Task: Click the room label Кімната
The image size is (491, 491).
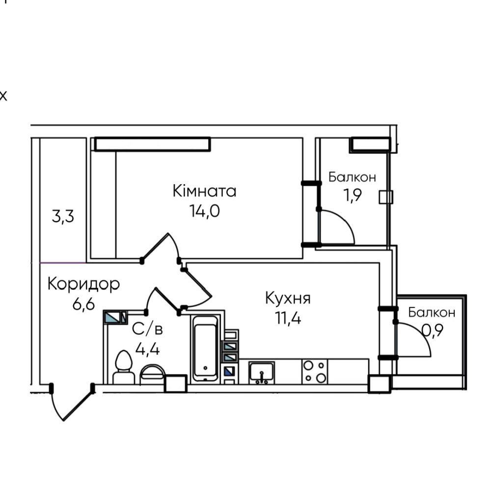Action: (x=204, y=191)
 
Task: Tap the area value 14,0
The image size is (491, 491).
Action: (x=204, y=211)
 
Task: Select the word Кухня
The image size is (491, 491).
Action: (x=288, y=298)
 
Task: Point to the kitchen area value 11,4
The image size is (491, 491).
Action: (x=288, y=318)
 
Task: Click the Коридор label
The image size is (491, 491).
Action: (x=83, y=284)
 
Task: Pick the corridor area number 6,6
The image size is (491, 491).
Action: (x=83, y=304)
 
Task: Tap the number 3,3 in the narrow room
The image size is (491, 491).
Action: (x=63, y=217)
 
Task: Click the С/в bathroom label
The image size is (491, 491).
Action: (x=147, y=329)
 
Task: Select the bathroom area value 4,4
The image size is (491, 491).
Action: (x=147, y=349)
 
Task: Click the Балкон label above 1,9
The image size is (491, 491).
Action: (x=352, y=177)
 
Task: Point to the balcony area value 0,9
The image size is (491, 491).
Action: (x=432, y=330)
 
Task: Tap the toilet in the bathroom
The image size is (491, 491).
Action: (x=123, y=367)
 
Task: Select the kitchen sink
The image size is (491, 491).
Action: (x=262, y=373)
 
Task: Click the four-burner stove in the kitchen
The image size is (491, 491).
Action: (x=314, y=372)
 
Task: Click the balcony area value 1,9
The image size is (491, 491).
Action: (x=352, y=195)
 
